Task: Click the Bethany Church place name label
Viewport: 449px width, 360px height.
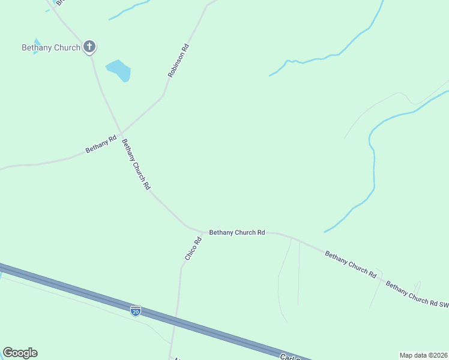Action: coord(51,47)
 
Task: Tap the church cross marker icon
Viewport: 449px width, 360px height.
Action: coord(89,46)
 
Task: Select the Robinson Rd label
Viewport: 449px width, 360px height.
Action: coord(179,61)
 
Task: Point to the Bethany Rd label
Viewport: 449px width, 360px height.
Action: coord(100,144)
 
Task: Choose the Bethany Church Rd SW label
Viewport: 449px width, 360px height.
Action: coord(417,294)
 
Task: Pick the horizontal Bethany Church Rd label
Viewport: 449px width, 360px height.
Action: coord(237,232)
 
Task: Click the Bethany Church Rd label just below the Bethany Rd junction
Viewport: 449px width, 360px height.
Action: coord(136,164)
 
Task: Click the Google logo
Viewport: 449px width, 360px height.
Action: coord(20,353)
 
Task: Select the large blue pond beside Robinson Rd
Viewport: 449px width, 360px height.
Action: coord(119,70)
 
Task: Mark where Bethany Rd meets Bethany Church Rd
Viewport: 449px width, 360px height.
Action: coord(121,133)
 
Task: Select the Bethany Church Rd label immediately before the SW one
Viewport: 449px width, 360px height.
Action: coord(351,264)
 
